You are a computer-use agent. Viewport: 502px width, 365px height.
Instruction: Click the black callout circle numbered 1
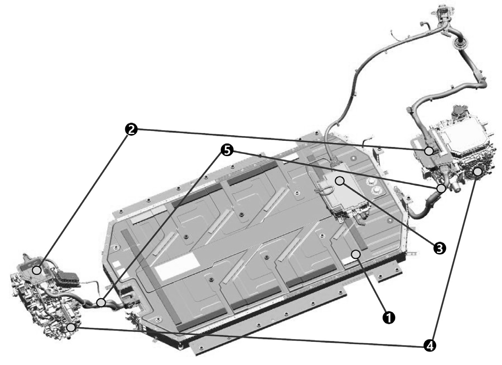389,317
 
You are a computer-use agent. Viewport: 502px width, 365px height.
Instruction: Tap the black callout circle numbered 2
131,130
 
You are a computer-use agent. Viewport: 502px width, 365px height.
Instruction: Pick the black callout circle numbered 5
227,150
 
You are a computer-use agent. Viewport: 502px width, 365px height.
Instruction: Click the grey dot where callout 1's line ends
356,254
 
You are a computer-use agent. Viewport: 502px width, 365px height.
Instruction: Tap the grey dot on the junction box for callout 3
340,181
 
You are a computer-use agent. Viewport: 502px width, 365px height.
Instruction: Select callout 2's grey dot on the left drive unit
37,270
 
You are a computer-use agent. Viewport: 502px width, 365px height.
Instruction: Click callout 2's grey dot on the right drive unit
429,151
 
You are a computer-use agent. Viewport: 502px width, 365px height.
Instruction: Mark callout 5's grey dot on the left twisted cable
101,302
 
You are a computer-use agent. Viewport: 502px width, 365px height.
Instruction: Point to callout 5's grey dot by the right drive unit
441,188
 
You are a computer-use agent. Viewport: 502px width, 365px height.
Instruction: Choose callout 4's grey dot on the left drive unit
71,327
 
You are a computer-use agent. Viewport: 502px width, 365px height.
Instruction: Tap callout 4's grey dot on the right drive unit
478,172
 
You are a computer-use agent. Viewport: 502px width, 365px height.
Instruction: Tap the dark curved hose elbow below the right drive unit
423,208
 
